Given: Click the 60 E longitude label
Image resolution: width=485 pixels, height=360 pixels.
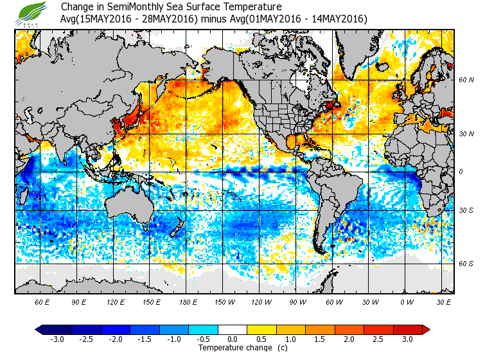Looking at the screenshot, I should click(x=42, y=301).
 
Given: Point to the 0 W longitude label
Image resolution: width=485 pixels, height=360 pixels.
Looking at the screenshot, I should click(x=407, y=301).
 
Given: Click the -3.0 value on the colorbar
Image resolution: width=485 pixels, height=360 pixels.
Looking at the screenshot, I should click(x=57, y=339).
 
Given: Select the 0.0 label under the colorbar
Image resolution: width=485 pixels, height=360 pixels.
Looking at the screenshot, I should click(x=232, y=339).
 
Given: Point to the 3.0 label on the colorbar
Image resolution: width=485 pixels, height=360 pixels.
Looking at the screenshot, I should click(x=407, y=339).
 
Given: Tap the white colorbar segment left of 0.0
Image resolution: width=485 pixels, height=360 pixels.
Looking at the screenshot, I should click(x=217, y=329).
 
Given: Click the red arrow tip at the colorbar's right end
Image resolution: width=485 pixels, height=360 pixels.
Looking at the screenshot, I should click(x=426, y=329).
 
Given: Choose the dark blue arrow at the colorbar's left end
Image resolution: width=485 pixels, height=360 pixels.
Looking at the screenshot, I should click(x=39, y=329).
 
